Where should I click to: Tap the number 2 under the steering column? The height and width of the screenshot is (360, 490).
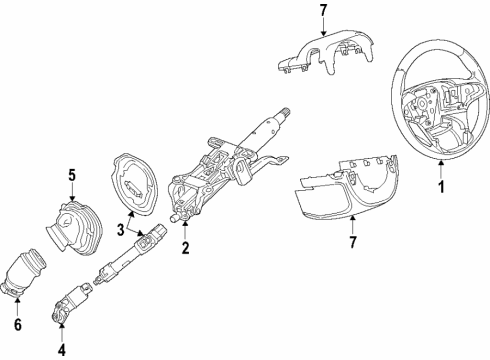pos(184,248)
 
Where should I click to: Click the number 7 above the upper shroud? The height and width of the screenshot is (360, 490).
pos(322,12)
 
